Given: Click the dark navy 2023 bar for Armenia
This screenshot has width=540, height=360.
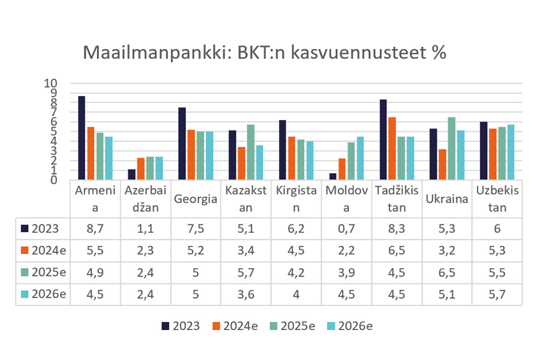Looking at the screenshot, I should pyautogui.click(x=82, y=137).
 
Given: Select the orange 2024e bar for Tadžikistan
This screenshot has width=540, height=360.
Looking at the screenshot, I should pyautogui.click(x=392, y=148).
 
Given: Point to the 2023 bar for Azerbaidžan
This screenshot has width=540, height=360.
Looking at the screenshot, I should pyautogui.click(x=132, y=175).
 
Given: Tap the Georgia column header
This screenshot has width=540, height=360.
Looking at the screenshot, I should pyautogui.click(x=196, y=199).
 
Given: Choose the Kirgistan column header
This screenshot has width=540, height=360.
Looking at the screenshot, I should pyautogui.click(x=296, y=199).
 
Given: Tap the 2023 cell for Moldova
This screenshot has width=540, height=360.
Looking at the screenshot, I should pyautogui.click(x=346, y=228).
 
